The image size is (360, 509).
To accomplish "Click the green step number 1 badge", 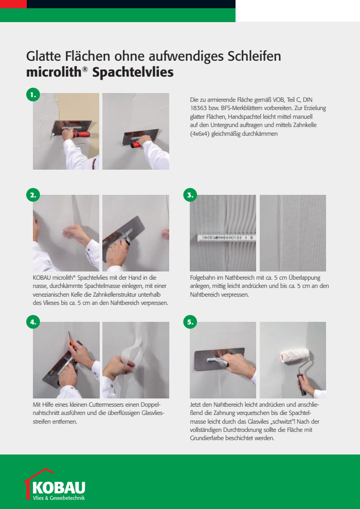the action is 33,95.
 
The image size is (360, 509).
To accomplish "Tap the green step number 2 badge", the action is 33,195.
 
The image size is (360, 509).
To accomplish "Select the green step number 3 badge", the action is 190,195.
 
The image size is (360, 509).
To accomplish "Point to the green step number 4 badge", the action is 33,322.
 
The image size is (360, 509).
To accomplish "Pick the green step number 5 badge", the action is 190,322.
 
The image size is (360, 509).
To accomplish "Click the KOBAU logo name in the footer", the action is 59,488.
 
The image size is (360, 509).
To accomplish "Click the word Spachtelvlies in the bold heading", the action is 133,72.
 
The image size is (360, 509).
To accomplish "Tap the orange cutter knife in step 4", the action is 72,346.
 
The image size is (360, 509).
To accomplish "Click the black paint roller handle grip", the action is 302,385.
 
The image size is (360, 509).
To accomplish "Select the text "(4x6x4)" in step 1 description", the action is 200,133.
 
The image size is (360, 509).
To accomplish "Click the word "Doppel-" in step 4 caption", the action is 152,405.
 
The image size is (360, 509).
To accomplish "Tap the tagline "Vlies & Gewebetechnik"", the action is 59,498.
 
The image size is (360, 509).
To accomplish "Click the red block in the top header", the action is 13,4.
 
